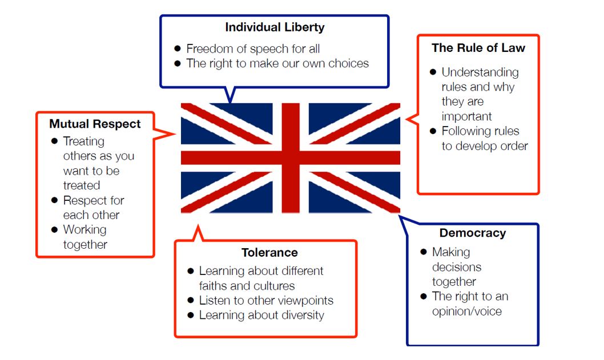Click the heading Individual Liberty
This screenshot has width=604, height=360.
[275, 27]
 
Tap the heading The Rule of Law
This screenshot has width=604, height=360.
[478, 48]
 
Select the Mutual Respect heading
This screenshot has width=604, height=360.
[95, 124]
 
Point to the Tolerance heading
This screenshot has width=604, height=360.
[269, 253]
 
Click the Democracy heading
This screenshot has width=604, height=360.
[473, 233]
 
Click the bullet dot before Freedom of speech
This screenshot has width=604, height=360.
[178, 48]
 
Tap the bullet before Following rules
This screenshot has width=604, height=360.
[433, 131]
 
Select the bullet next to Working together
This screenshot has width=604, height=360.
[54, 230]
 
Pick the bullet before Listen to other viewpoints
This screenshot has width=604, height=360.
[190, 300]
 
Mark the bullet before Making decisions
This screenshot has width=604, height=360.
[424, 252]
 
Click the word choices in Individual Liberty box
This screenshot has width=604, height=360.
[348, 63]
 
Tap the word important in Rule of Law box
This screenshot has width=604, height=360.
[466, 116]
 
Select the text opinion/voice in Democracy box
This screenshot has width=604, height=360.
[467, 312]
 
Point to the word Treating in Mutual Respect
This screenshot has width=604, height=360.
[83, 141]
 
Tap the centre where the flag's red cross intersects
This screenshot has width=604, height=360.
[291, 158]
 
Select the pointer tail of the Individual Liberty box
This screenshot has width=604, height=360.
[230, 102]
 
